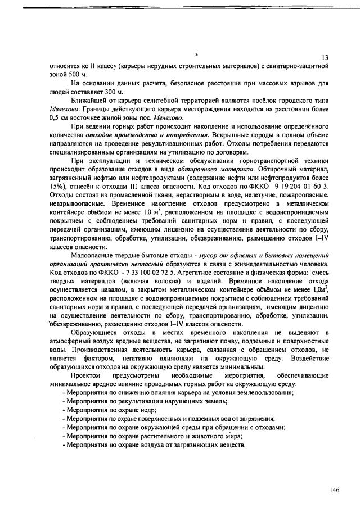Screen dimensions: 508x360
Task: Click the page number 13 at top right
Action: [x=325, y=58]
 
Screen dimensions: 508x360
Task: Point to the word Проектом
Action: [x=86, y=374]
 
